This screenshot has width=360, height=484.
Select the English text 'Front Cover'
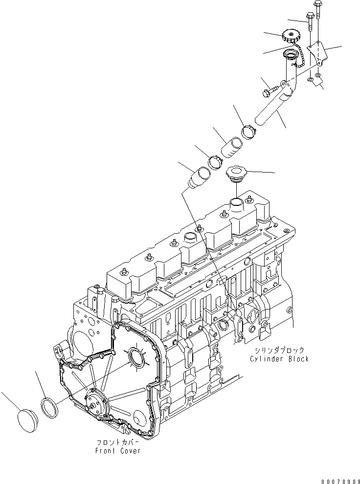tap(118, 451)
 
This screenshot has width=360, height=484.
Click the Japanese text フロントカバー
tap(119, 442)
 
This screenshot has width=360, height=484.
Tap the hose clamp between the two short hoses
tap(215, 161)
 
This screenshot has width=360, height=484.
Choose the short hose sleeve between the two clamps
tap(232, 147)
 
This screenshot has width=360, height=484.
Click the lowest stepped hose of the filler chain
tap(199, 177)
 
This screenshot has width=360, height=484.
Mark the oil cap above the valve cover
tap(236, 174)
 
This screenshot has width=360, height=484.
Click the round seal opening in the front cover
tap(135, 358)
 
